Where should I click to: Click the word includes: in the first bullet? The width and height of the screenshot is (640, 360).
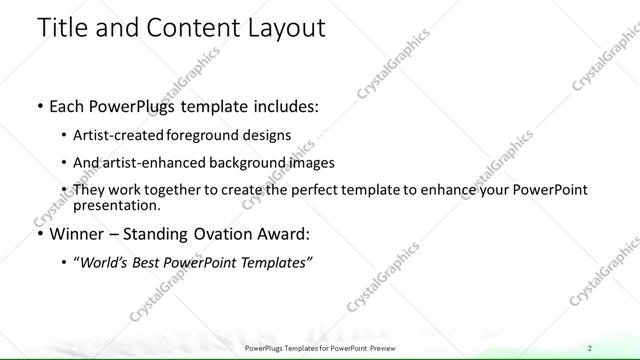coord(274,104)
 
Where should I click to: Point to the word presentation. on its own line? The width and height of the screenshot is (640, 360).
coord(117,206)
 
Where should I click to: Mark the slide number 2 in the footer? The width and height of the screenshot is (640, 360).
coord(590,347)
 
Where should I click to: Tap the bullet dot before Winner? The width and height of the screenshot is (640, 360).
coord(38,236)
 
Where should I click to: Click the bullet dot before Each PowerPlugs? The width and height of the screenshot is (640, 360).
coord(38,105)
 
